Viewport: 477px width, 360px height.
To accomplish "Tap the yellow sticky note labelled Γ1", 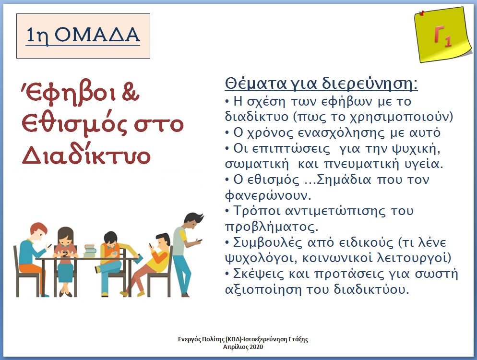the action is click(442, 35).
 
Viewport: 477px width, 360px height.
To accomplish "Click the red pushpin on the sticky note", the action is click(422, 13).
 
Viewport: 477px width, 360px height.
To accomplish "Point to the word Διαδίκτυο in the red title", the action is click(86, 155).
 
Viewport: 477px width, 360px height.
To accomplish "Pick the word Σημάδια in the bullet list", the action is click(344, 180).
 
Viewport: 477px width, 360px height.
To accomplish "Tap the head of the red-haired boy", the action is click(38, 232).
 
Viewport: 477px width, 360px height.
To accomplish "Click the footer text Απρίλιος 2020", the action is click(243, 347).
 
